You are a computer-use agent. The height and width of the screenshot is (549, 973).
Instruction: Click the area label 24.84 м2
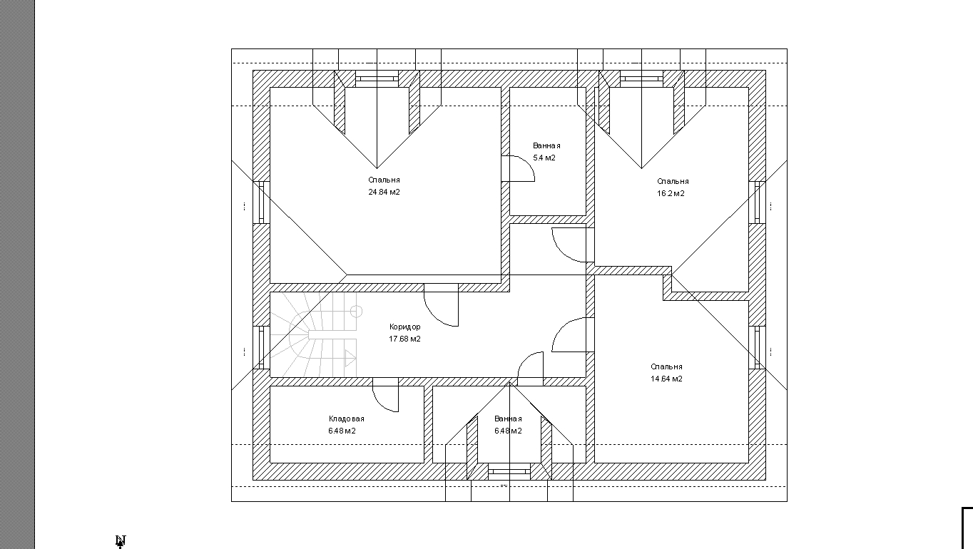pyautogui.click(x=384, y=192)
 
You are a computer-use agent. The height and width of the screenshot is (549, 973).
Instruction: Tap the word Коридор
pyautogui.click(x=405, y=327)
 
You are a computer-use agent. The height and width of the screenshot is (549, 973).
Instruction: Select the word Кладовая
pyautogui.click(x=346, y=419)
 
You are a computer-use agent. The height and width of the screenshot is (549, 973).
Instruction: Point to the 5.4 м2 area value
pyautogui.click(x=544, y=158)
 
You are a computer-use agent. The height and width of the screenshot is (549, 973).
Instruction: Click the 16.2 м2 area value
pyautogui.click(x=671, y=193)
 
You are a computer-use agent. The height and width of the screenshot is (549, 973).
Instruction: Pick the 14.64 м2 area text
pyautogui.click(x=666, y=379)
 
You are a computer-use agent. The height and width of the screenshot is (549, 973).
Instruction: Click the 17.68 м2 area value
pyautogui.click(x=404, y=339)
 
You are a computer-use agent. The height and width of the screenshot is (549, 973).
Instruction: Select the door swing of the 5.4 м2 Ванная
pyautogui.click(x=526, y=163)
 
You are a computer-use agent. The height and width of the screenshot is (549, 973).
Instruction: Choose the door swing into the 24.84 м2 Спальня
pyautogui.click(x=434, y=316)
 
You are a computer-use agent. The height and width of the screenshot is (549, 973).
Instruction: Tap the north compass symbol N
pyautogui.click(x=121, y=540)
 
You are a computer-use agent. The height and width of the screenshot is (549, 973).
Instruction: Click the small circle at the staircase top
pyautogui.click(x=356, y=312)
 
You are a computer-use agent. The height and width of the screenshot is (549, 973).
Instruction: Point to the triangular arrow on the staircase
pyautogui.click(x=350, y=359)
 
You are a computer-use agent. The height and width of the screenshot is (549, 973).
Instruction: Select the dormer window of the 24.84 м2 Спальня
pyautogui.click(x=377, y=79)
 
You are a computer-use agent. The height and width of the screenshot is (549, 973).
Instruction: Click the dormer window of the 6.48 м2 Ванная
pyautogui.click(x=509, y=471)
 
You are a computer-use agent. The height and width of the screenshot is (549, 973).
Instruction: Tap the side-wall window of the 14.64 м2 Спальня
pyautogui.click(x=757, y=347)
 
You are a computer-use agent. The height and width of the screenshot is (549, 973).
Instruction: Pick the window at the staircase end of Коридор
pyautogui.click(x=262, y=347)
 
